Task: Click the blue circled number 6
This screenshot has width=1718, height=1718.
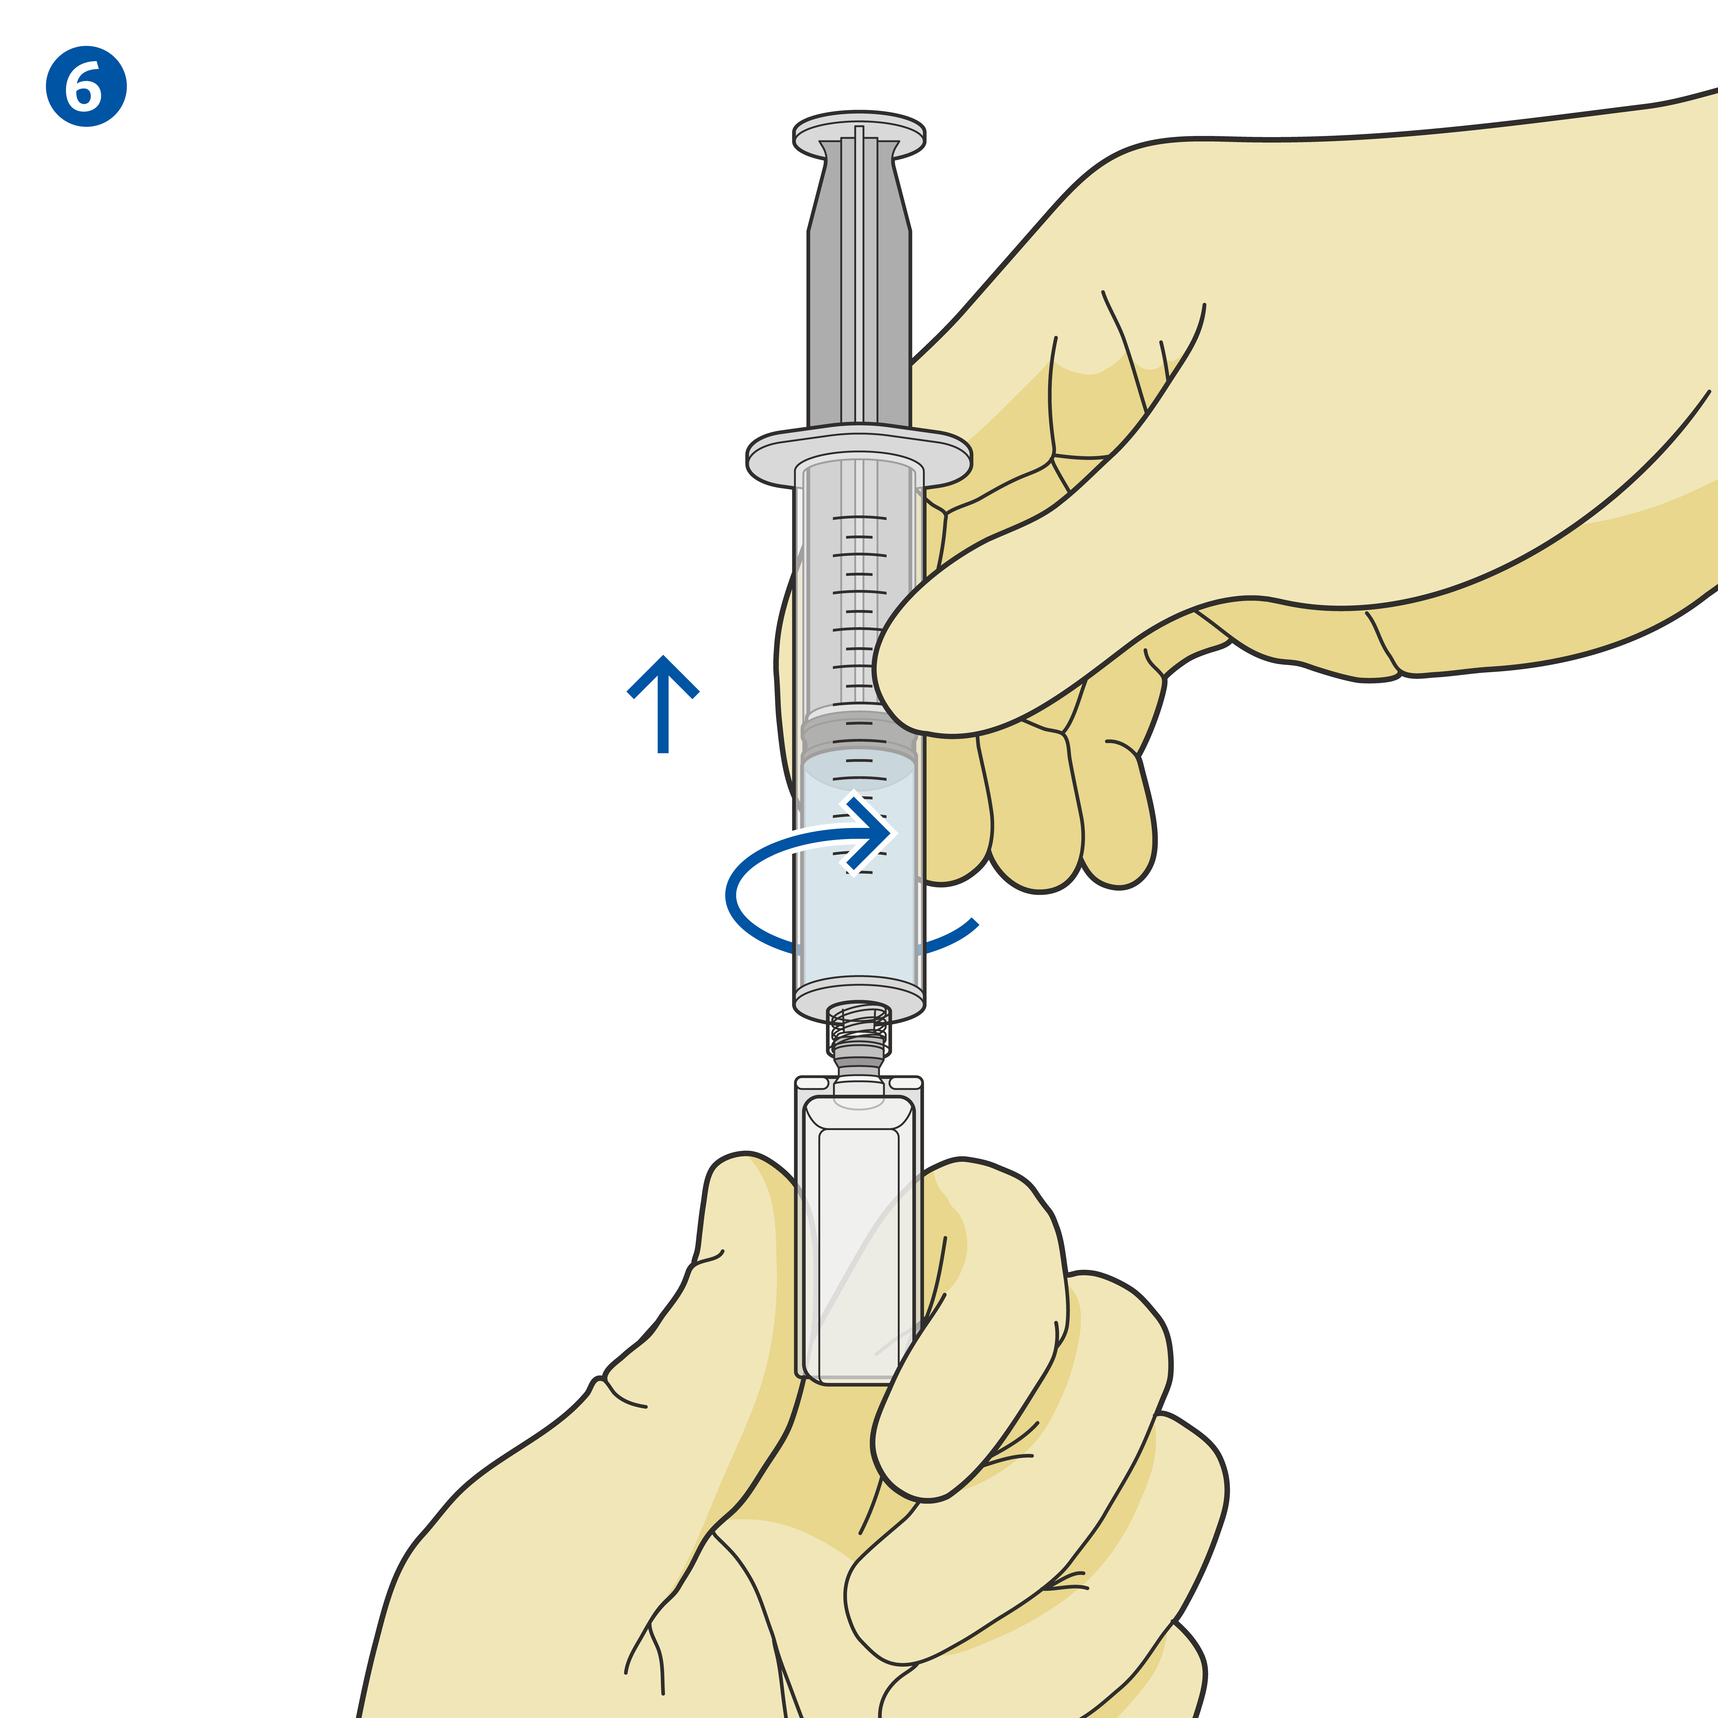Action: (86, 86)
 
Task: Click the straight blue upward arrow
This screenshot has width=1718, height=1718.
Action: (662, 704)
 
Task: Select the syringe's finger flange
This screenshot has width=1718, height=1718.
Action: (859, 455)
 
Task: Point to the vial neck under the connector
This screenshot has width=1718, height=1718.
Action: (859, 1076)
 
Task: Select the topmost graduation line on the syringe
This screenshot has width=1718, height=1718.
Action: (859, 517)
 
